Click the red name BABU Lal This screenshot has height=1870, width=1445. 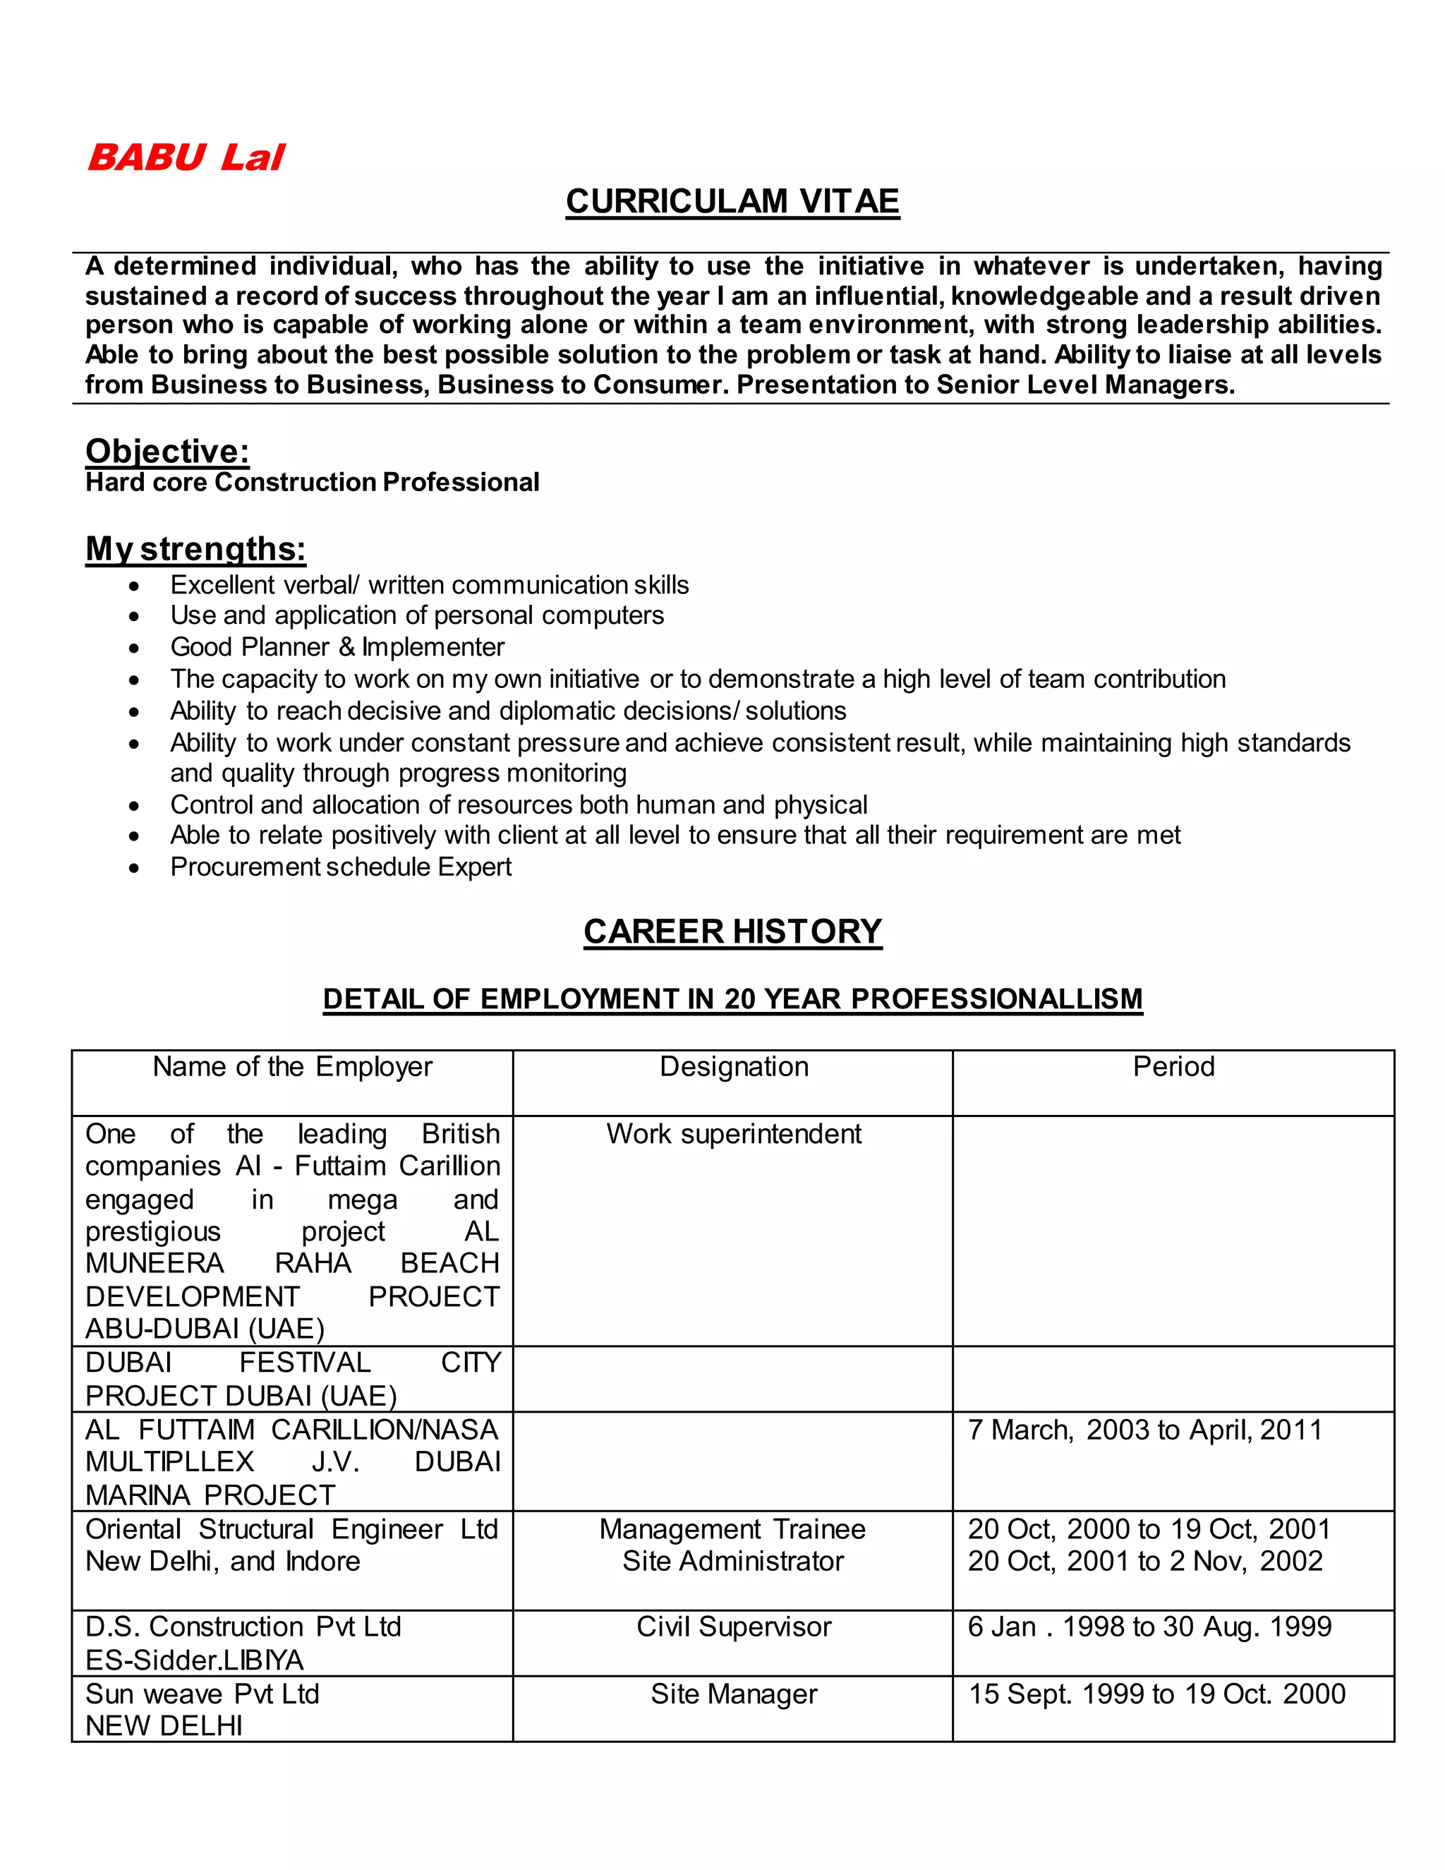pos(186,157)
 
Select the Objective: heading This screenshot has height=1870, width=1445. pos(167,451)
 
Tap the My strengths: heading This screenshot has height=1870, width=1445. pos(195,549)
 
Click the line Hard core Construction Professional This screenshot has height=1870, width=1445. pos(312,483)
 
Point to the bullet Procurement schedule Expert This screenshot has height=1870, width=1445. pos(340,867)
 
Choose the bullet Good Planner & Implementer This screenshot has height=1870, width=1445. pos(337,646)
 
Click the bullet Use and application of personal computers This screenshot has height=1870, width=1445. pos(416,615)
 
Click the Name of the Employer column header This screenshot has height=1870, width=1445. pos(292,1067)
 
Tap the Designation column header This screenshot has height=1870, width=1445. pos(734,1067)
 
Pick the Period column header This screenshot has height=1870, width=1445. pos(1173,1067)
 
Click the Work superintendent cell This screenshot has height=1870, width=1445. pos(734,1134)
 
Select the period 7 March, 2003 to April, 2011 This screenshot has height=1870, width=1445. pos(1144,1430)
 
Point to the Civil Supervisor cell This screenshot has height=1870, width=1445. pos(734,1627)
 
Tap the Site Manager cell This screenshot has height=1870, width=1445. pos(734,1694)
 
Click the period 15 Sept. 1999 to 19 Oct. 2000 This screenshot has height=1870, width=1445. pos(1156,1694)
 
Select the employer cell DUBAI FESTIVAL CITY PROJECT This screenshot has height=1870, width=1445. pos(292,1380)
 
